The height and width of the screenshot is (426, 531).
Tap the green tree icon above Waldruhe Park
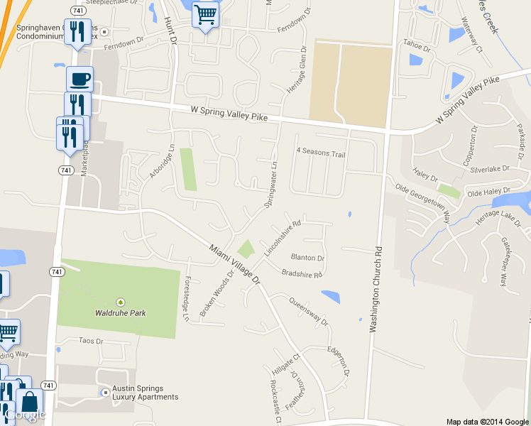click(119, 302)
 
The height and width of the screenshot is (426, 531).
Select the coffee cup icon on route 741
click(80, 77)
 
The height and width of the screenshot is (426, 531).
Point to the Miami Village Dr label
click(235, 262)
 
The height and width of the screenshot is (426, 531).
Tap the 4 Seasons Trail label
click(320, 152)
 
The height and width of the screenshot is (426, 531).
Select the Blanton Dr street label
click(307, 258)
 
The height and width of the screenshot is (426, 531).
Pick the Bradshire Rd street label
click(302, 273)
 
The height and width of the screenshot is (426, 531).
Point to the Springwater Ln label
click(270, 184)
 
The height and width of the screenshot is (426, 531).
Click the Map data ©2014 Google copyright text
click(487, 421)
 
